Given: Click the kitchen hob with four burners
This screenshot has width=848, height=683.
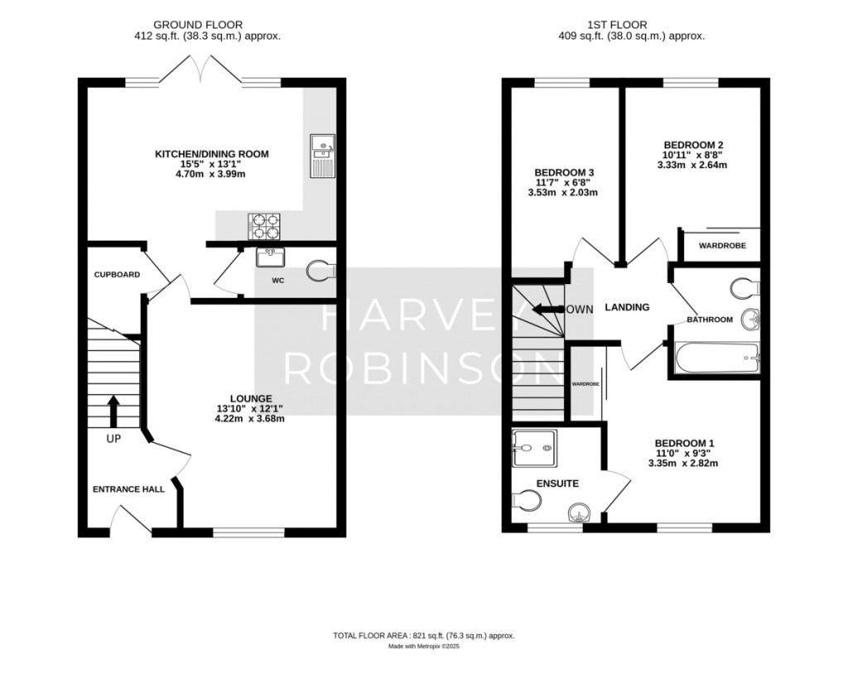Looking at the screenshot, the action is [264, 226].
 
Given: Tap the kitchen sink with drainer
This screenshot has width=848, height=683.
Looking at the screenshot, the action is [323, 156].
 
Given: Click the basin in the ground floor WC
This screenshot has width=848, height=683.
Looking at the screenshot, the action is [271, 257].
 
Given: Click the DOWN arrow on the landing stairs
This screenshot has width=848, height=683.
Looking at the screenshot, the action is [548, 310].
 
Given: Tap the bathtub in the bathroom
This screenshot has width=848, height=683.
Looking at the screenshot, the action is [717, 358].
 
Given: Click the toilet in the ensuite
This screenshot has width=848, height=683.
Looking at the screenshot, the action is [526, 500].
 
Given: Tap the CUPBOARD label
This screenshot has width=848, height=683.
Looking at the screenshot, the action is [117, 275].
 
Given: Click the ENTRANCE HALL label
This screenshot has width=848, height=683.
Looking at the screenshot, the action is [128, 489].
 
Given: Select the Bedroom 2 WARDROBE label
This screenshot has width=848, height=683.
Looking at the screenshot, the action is [722, 246].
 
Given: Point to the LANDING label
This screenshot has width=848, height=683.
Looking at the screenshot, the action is [627, 307].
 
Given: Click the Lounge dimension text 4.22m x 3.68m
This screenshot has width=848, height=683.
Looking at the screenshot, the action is [250, 419].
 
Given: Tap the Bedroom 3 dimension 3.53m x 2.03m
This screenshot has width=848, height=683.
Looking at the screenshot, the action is [563, 193].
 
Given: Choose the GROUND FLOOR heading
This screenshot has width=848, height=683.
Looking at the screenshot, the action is [198, 25].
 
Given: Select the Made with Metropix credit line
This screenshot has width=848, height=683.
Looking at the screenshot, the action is [424, 647].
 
